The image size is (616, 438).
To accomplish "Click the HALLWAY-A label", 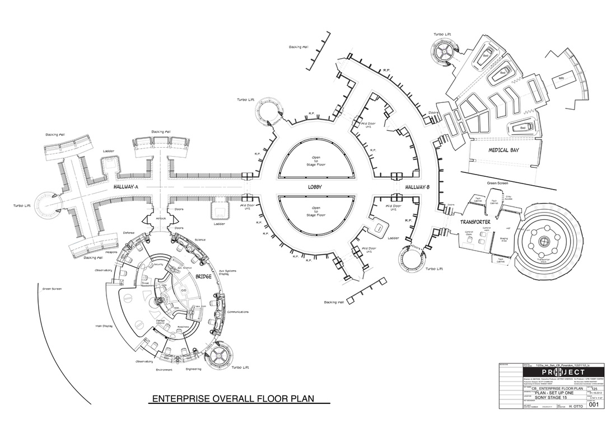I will point(125,186).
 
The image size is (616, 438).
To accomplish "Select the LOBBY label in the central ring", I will point(317,186).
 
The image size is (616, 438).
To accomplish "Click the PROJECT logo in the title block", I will point(554,373).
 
